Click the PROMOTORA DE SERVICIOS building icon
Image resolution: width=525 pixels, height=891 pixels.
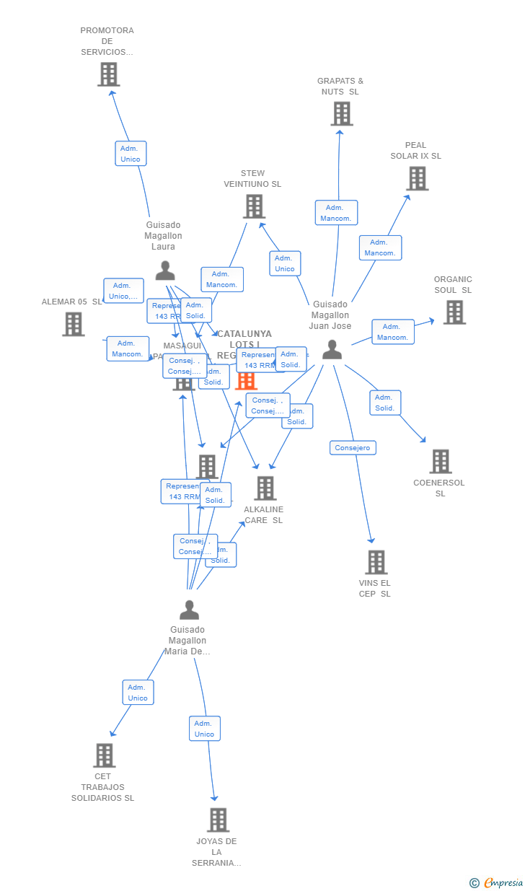coord(108,74)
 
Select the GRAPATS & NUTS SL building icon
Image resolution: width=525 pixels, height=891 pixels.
coord(341,113)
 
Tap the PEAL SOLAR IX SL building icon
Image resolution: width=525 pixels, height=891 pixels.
coord(417,178)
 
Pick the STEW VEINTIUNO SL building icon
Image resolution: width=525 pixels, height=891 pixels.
coord(254,206)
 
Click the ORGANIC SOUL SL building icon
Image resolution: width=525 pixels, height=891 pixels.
coord(454,312)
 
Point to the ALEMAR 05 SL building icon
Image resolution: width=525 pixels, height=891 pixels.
coord(73,324)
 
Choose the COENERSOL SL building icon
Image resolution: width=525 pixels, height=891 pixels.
coord(440,461)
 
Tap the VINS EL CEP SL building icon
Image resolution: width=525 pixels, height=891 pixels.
coord(376,561)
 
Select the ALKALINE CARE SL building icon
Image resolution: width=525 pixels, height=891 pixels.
coord(265,488)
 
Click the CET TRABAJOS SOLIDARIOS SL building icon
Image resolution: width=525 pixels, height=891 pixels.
coord(104,755)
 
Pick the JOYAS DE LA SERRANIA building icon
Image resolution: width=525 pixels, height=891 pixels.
coord(218,820)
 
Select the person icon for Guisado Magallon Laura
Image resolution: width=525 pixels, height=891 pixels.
coord(165,271)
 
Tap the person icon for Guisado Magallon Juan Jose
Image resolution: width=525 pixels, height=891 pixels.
coord(332,349)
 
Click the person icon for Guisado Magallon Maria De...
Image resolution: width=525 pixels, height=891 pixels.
coord(189,610)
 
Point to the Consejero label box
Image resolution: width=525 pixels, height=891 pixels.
coord(353,448)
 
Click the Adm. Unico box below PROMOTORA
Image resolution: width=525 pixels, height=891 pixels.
coord(131,154)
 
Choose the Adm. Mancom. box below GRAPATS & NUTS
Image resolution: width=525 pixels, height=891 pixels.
coord(336,213)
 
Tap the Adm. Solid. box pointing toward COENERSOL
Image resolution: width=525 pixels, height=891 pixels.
coord(385,403)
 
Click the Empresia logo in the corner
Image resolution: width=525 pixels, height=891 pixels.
coord(497,882)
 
